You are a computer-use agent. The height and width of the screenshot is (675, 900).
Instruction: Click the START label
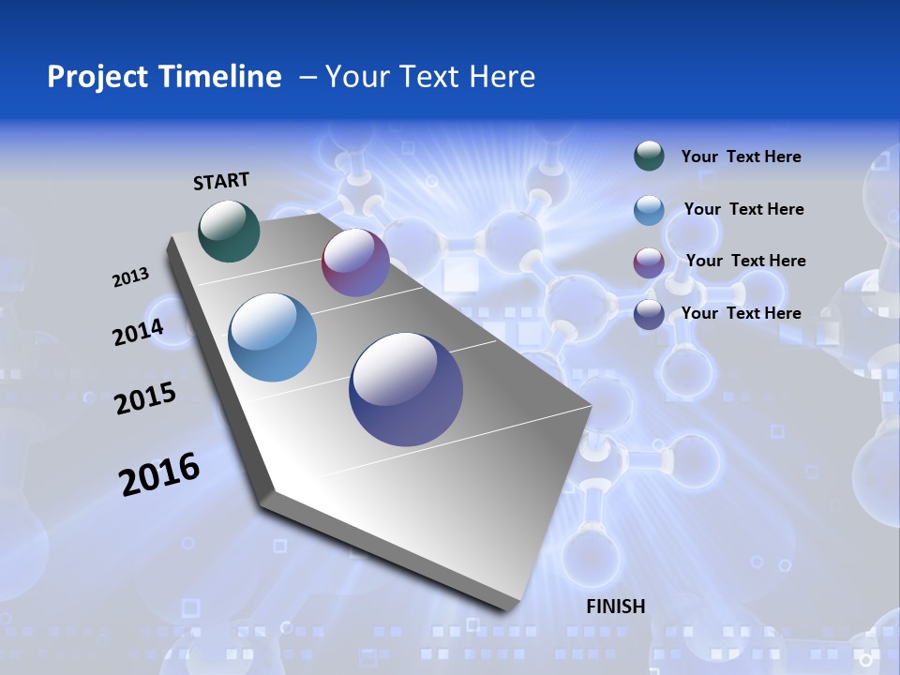pos(221,181)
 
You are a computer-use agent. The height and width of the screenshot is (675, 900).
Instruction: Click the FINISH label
pos(615,607)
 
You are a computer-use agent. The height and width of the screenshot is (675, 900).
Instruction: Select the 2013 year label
pos(130,277)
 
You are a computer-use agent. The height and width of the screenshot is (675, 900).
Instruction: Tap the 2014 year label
pos(138,332)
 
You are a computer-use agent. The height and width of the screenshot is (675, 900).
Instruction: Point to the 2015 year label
pos(144,398)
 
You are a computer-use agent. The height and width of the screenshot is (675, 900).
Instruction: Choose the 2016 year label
pos(158,474)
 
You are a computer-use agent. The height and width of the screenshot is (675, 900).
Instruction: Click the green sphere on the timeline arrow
pos(229,231)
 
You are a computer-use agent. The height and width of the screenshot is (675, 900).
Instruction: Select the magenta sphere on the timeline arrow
pos(355,262)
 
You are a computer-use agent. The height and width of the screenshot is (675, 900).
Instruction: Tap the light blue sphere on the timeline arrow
pos(272,337)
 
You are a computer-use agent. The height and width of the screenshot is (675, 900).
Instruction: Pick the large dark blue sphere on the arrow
pos(405,389)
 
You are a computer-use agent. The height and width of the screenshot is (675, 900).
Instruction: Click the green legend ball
pos(649,156)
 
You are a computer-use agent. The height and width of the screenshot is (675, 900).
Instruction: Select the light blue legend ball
pos(649,210)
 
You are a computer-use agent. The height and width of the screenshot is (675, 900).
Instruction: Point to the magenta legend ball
pos(649,262)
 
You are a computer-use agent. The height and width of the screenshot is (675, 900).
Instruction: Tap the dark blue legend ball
pos(649,314)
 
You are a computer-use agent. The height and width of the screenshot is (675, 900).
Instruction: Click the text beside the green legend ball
pos(741,157)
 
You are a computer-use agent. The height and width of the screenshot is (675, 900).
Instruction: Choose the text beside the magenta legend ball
pos(745,261)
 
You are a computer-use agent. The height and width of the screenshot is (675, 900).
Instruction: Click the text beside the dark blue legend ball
pos(741,313)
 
